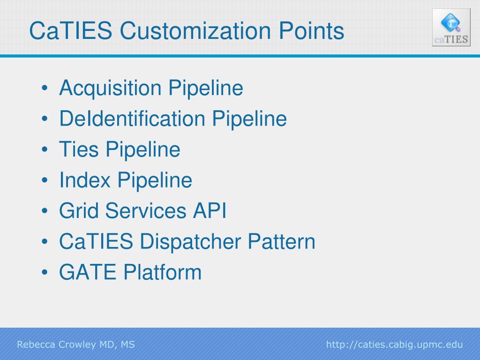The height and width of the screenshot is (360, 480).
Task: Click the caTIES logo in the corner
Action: pyautogui.click(x=451, y=28)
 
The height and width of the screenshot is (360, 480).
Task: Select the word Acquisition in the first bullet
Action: pyautogui.click(x=110, y=88)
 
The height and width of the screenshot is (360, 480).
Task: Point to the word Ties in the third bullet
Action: pyautogui.click(x=79, y=150)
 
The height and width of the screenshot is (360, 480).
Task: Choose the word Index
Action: pyautogui.click(x=85, y=180)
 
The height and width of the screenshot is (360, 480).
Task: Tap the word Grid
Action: pyautogui.click(x=79, y=211)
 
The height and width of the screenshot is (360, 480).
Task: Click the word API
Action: pyautogui.click(x=210, y=211)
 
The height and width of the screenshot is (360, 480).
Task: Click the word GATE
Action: pyautogui.click(x=88, y=272)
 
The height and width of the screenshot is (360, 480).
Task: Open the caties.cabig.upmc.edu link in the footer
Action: pyautogui.click(x=394, y=345)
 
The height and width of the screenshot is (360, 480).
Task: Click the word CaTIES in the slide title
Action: pyautogui.click(x=70, y=31)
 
